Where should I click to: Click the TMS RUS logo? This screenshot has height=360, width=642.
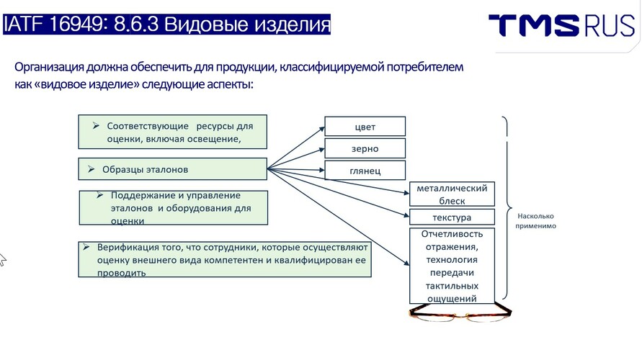coord(561,25)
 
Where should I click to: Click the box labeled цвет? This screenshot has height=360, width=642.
coord(365,126)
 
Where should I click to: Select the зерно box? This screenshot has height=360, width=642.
coord(365,148)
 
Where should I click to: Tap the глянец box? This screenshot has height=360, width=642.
coord(365,170)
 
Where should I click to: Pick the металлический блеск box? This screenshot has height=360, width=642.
coord(452,194)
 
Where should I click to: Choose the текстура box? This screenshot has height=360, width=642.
coord(452,217)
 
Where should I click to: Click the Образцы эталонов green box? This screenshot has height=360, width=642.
coord(172,169)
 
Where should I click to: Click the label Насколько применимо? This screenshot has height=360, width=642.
coord(535,221)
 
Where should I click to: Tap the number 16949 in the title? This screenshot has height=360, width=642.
coord(76,24)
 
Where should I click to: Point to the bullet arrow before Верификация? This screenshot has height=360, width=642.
coord(86,247)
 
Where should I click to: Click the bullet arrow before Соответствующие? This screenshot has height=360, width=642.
coord(96,125)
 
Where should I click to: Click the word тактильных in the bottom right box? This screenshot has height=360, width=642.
coord(452,286)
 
